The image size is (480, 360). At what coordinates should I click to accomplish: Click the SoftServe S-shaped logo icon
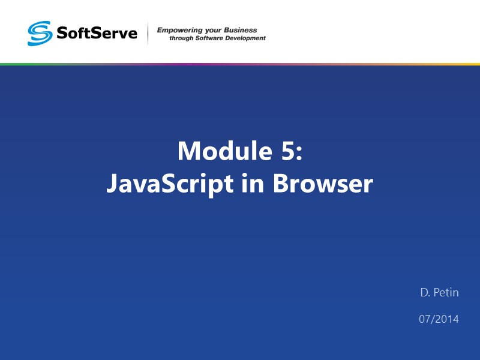(40, 34)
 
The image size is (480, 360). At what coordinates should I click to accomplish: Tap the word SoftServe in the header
(97, 32)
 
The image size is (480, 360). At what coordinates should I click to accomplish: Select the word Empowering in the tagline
(178, 30)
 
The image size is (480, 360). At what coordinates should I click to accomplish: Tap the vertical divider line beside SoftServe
(148, 34)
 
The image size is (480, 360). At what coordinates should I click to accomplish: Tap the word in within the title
(254, 184)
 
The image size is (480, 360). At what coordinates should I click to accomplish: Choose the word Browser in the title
(323, 184)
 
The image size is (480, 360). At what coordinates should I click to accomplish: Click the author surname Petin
(446, 293)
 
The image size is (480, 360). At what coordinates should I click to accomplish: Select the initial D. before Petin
(425, 293)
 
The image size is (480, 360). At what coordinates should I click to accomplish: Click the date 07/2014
(439, 319)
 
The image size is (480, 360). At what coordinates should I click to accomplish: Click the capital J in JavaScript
(112, 184)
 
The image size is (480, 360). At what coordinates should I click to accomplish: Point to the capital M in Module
(190, 151)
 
